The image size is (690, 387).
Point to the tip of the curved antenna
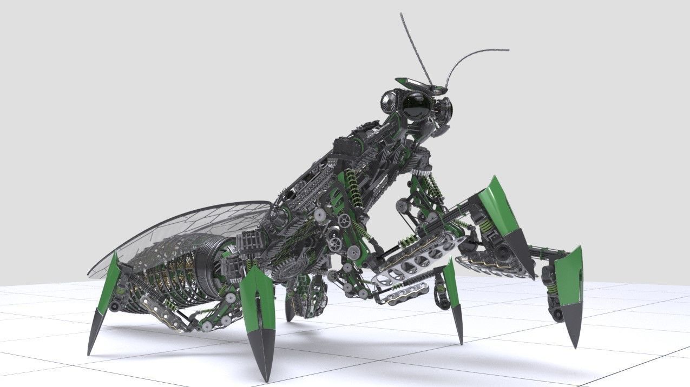(507, 50)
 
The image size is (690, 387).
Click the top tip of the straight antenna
(402, 15)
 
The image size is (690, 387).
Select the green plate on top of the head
(407, 82)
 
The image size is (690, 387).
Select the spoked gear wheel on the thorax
(345, 220)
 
